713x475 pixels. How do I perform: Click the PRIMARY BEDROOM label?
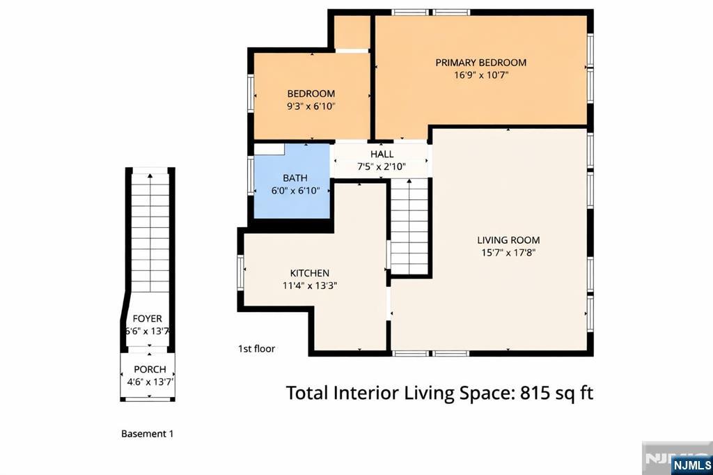coord(480,62)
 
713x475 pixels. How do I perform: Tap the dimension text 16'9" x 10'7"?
coord(480,75)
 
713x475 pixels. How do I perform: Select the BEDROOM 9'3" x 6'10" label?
coord(311,100)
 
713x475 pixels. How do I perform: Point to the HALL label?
coord(382,154)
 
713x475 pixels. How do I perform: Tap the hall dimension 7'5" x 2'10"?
coord(382,166)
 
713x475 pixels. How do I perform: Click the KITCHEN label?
coord(309,273)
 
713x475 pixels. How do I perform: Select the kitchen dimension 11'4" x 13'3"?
coord(309,285)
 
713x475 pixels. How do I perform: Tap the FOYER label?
coord(148,319)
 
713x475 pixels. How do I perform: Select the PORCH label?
coord(150,369)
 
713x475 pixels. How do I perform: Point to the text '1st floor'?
coord(256,348)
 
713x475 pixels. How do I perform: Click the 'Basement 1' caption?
coord(147,434)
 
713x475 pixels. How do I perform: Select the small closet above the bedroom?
coord(352,32)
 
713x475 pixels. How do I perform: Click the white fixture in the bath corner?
coord(269,149)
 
